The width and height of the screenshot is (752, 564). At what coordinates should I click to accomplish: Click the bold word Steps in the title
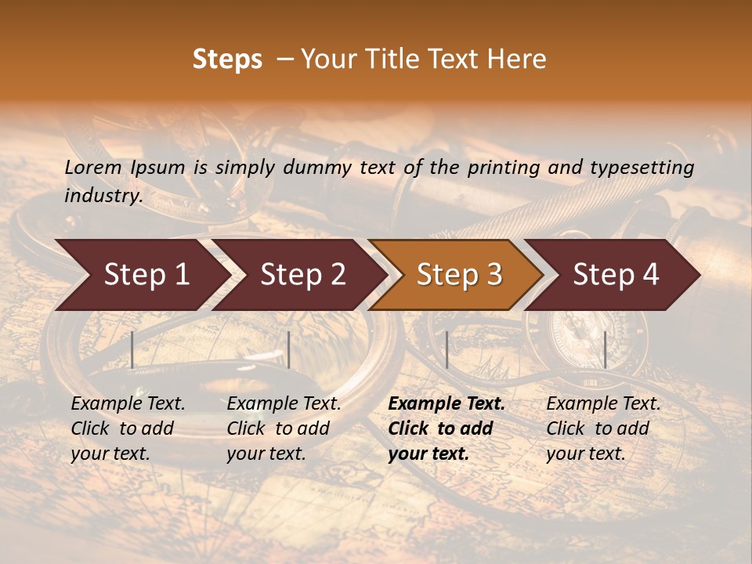click(227, 60)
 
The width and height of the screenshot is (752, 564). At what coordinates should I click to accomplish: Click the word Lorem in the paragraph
click(93, 167)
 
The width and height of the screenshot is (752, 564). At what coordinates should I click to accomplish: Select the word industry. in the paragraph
click(103, 196)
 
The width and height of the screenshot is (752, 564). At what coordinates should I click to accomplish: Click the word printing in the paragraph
click(517, 168)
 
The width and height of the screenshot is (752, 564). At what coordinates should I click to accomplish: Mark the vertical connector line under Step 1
click(132, 349)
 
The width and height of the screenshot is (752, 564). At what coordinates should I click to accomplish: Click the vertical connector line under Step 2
click(289, 349)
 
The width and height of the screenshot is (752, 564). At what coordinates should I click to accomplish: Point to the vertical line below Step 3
click(446, 349)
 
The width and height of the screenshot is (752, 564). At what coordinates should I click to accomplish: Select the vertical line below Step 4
click(605, 349)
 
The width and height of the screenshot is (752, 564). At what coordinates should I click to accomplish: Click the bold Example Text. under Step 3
click(446, 404)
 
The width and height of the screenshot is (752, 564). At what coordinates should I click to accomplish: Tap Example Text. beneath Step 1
click(128, 404)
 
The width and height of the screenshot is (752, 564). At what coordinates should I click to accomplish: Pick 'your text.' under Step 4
click(585, 454)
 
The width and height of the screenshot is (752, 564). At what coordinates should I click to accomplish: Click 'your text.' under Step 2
click(266, 454)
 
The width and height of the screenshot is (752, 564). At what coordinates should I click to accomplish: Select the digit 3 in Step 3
click(493, 275)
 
